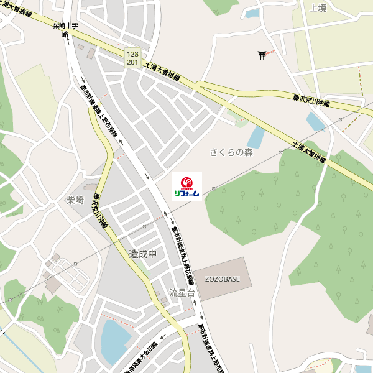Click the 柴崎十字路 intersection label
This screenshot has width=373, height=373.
(x=65, y=29)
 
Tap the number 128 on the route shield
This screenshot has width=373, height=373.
(x=132, y=54)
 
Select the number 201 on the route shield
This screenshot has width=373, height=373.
(x=132, y=62)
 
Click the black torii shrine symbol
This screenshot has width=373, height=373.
(x=262, y=56)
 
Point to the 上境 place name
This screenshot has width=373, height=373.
(x=318, y=8)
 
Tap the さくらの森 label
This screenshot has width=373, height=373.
(x=231, y=152)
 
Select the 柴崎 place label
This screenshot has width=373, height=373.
(x=75, y=200)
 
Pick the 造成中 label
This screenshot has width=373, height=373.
(x=142, y=254)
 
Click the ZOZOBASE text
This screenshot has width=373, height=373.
(x=223, y=279)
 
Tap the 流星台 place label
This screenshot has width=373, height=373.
(x=182, y=292)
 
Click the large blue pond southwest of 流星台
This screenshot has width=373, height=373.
(x=115, y=341)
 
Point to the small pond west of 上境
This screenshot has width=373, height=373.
(x=252, y=13)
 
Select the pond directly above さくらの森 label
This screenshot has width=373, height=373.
(x=256, y=137)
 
